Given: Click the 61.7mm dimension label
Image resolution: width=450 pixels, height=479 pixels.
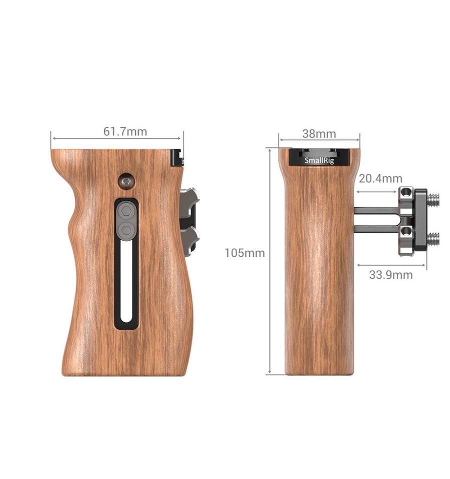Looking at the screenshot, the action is [125, 132].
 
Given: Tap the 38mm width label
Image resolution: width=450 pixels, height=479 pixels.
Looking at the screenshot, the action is [319, 134].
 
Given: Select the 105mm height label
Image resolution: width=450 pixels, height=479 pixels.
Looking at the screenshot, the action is [244, 253].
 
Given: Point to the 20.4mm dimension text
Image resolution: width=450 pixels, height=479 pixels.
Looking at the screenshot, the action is [380, 179].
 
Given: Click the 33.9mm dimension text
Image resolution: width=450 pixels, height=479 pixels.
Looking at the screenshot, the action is [390, 275].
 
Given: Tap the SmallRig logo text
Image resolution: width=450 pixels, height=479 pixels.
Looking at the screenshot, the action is [319, 161].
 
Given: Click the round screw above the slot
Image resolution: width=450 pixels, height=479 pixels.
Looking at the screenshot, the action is [126, 182].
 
